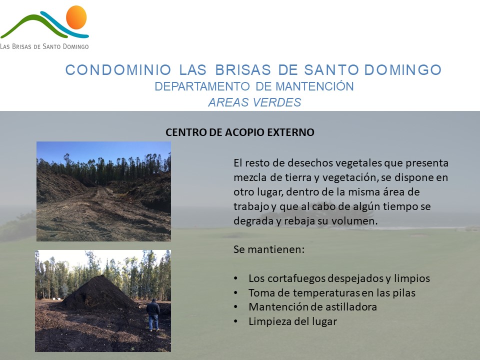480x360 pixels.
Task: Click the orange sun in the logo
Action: (76, 17)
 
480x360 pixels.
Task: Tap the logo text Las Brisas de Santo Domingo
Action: (44, 46)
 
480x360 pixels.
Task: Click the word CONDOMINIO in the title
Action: (118, 70)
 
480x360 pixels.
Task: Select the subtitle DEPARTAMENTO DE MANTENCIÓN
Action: (254, 86)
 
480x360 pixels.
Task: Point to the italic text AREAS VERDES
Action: (254, 102)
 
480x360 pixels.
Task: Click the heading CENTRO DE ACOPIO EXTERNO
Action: (240, 132)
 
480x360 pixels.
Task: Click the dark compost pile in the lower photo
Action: (98, 293)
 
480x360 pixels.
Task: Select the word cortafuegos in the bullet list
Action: (295, 278)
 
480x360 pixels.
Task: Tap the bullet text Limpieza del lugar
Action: (292, 321)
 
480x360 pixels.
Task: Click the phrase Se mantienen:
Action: (269, 249)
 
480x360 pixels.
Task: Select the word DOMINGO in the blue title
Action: (403, 70)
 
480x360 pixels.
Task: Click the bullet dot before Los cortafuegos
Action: (235, 278)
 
